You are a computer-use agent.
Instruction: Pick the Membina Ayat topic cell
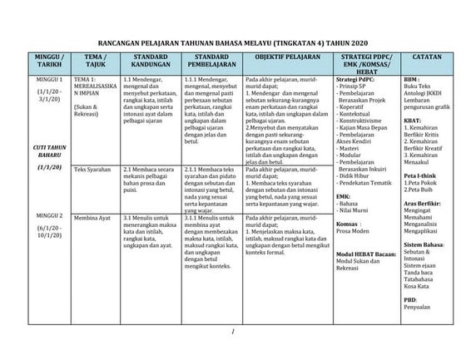coord(92,215)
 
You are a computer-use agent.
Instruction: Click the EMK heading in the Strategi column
coord(343,195)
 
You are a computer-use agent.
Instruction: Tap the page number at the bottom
coord(235,333)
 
